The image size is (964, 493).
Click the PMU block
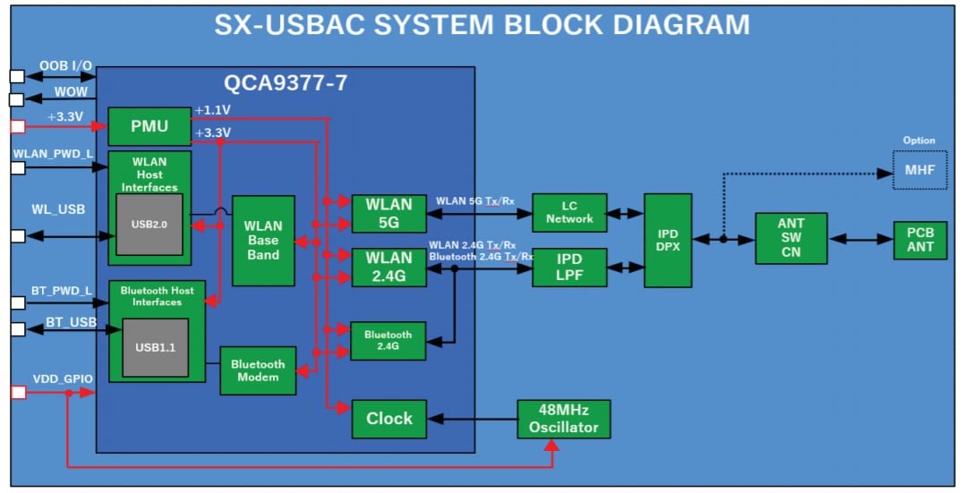point(149,126)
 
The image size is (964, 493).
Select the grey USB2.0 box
point(149,223)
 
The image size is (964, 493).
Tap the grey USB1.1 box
point(155,347)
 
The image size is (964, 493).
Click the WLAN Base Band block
point(263,240)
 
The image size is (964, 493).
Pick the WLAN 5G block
point(388,213)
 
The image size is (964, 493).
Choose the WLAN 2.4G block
point(388,267)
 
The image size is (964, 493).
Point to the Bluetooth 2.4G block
point(388,341)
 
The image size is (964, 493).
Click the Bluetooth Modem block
point(258,370)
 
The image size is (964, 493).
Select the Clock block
point(388,419)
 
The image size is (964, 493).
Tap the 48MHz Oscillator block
point(564,419)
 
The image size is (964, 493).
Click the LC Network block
point(569,213)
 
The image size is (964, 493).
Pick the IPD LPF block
point(569,267)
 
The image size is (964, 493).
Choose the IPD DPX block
point(668,240)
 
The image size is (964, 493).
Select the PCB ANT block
point(920,240)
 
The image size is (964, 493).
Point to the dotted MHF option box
point(919,170)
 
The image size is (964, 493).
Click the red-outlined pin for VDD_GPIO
point(17,393)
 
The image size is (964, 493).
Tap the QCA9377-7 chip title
point(286,84)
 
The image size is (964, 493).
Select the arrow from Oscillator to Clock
point(472,419)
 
